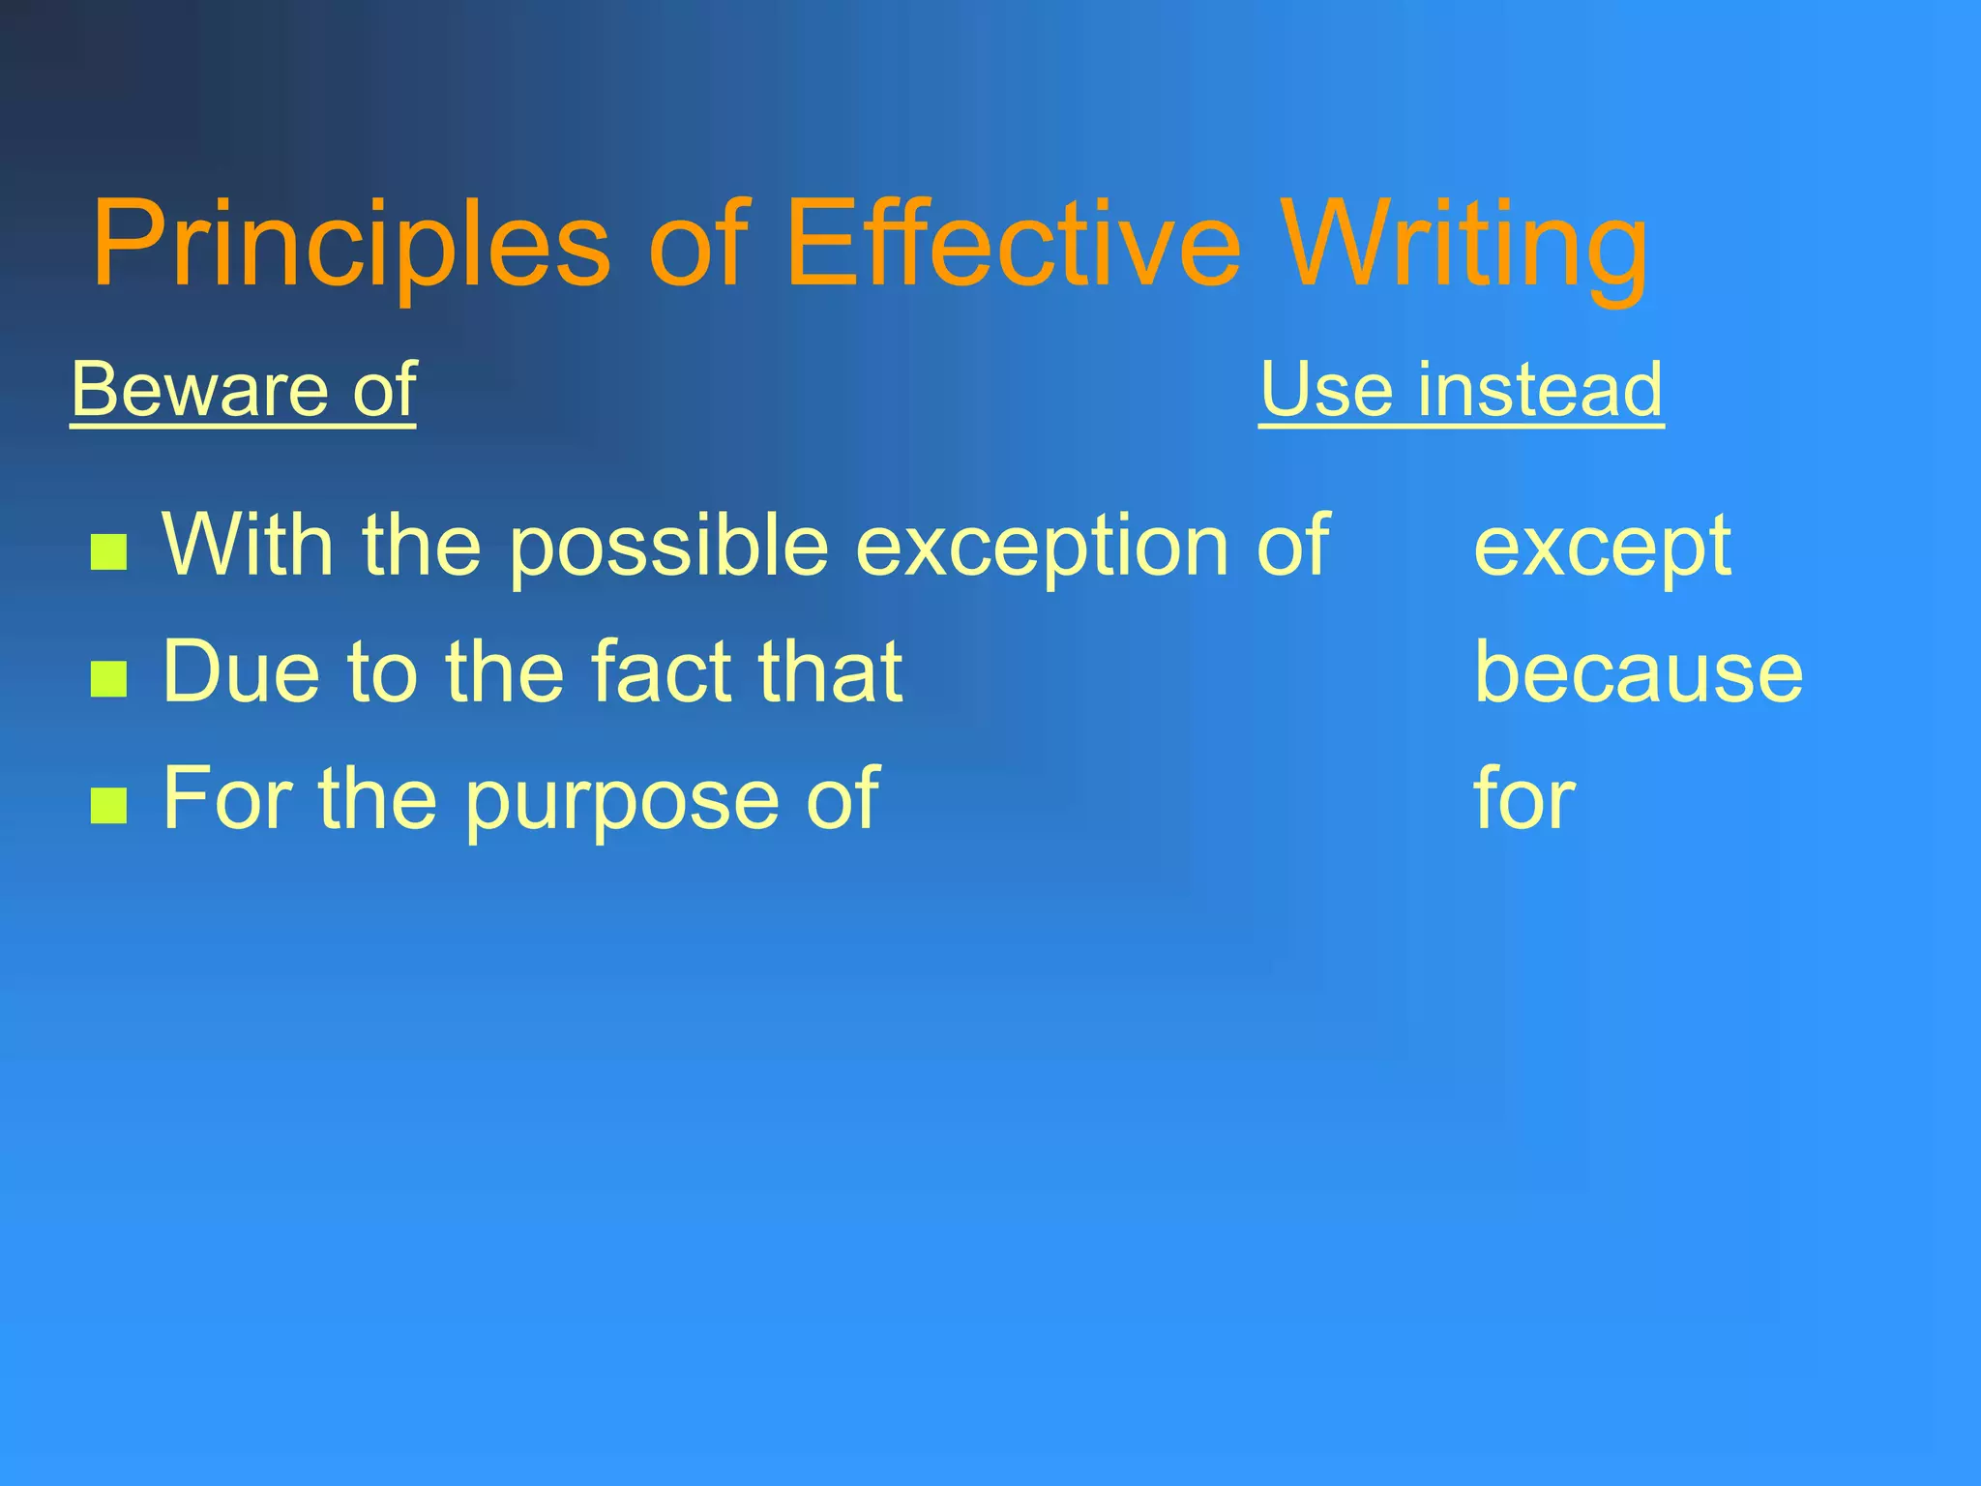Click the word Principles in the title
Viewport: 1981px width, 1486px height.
point(351,244)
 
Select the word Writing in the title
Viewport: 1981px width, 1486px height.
point(1465,244)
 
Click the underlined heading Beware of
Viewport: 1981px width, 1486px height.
point(244,389)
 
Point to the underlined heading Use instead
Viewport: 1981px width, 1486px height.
point(1461,389)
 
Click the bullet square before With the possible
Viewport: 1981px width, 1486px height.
point(108,552)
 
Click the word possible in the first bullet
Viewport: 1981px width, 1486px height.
point(668,548)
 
